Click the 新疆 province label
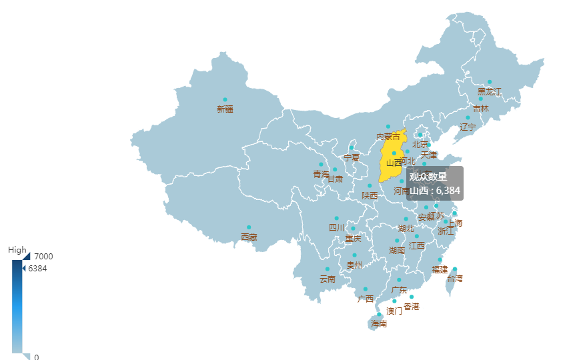[x=225, y=109]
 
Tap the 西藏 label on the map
[x=249, y=237]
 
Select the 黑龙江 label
[x=490, y=91]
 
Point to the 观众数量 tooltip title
[x=428, y=177]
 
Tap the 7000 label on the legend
[x=45, y=256]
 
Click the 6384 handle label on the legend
[x=37, y=269]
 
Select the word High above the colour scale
[x=17, y=250]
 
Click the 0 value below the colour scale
[x=37, y=357]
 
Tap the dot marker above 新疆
[x=225, y=100]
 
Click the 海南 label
[x=379, y=324]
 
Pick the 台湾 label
[x=454, y=278]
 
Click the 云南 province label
[x=328, y=279]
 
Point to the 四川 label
[x=337, y=227]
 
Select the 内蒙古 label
[x=388, y=136]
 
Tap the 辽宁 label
[x=468, y=127]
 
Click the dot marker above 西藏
[x=249, y=227]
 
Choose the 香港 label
[x=412, y=307]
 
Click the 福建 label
[x=440, y=269]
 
